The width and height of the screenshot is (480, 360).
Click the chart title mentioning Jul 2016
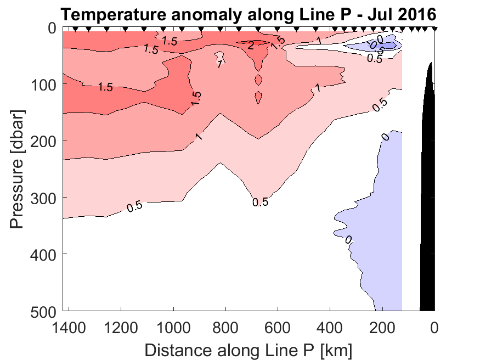[x=248, y=14]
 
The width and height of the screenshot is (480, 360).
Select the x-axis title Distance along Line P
[x=249, y=349]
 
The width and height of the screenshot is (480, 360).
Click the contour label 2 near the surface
[x=250, y=45]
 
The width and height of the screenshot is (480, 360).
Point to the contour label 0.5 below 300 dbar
[x=260, y=202]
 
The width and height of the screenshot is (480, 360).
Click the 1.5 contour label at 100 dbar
[x=106, y=87]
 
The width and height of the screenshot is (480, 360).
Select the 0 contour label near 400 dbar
[x=348, y=239]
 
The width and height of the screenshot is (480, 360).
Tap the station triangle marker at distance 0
[x=434, y=29]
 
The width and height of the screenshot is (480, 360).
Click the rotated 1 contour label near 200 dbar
[x=199, y=136]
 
